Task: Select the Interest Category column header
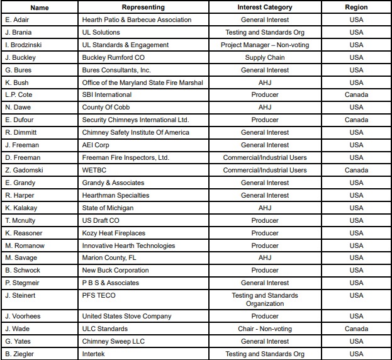[265, 8]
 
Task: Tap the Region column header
[356, 8]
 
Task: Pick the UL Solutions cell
[101, 33]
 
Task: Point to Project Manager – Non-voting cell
[265, 45]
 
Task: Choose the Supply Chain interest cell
[265, 58]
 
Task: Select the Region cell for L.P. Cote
[356, 95]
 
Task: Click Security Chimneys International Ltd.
[135, 120]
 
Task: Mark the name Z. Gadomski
[24, 171]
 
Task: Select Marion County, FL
[108, 258]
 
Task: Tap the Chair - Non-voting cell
[265, 329]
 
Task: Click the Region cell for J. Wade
[356, 329]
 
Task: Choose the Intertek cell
[96, 354]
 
